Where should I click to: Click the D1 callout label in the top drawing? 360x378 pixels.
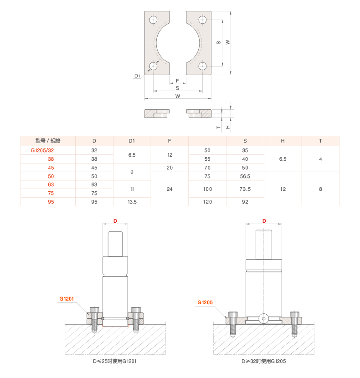pyautogui.click(x=137, y=76)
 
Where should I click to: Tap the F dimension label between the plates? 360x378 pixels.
pyautogui.click(x=177, y=81)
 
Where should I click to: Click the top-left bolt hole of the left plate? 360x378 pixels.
pyautogui.click(x=154, y=20)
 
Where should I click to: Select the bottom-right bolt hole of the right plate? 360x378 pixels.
pyautogui.click(x=202, y=66)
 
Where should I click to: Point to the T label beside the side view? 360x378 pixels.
pyautogui.click(x=219, y=127)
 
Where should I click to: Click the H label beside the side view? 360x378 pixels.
pyautogui.click(x=227, y=127)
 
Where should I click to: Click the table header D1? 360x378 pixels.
pyautogui.click(x=132, y=141)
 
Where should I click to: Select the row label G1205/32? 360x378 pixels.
pyautogui.click(x=42, y=150)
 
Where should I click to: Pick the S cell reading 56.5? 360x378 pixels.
pyautogui.click(x=245, y=176)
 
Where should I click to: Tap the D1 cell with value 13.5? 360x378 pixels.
pyautogui.click(x=132, y=202)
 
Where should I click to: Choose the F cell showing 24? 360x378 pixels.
pyautogui.click(x=170, y=189)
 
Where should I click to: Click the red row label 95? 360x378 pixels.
pyautogui.click(x=51, y=202)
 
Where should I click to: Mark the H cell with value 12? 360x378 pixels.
pyautogui.click(x=283, y=189)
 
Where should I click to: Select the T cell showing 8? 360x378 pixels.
pyautogui.click(x=320, y=189)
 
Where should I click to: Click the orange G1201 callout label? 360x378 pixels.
pyautogui.click(x=67, y=299)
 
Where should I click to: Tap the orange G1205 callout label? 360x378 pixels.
pyautogui.click(x=205, y=302)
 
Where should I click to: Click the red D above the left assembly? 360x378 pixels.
pyautogui.click(x=115, y=221)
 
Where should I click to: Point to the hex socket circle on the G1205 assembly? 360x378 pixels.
pyautogui.click(x=264, y=319)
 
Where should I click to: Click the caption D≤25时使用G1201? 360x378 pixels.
pyautogui.click(x=115, y=361)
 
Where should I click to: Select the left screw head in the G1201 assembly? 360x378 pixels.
pyautogui.click(x=94, y=310)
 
